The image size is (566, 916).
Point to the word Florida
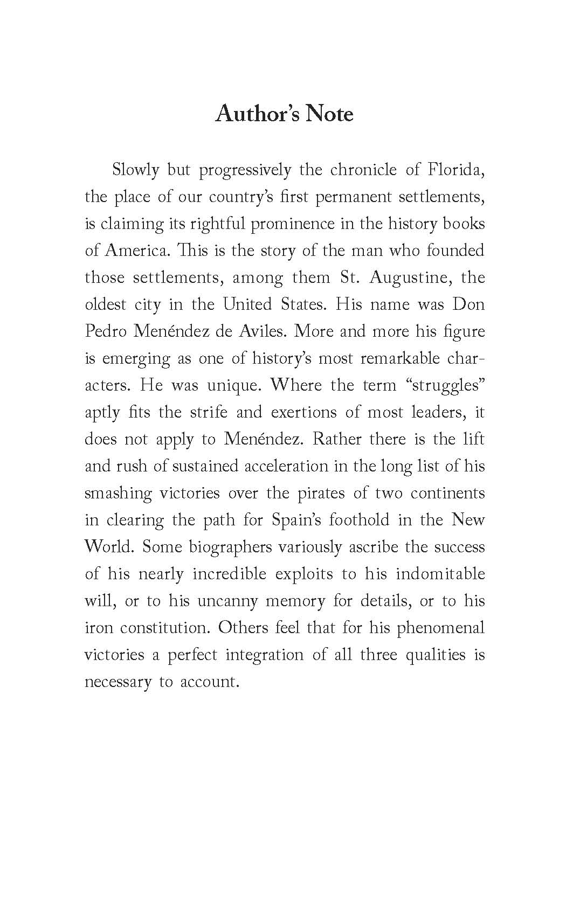[x=457, y=170]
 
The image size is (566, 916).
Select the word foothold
[x=360, y=521]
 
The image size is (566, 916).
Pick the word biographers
[x=230, y=547]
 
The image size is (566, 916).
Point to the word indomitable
[x=440, y=574]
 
